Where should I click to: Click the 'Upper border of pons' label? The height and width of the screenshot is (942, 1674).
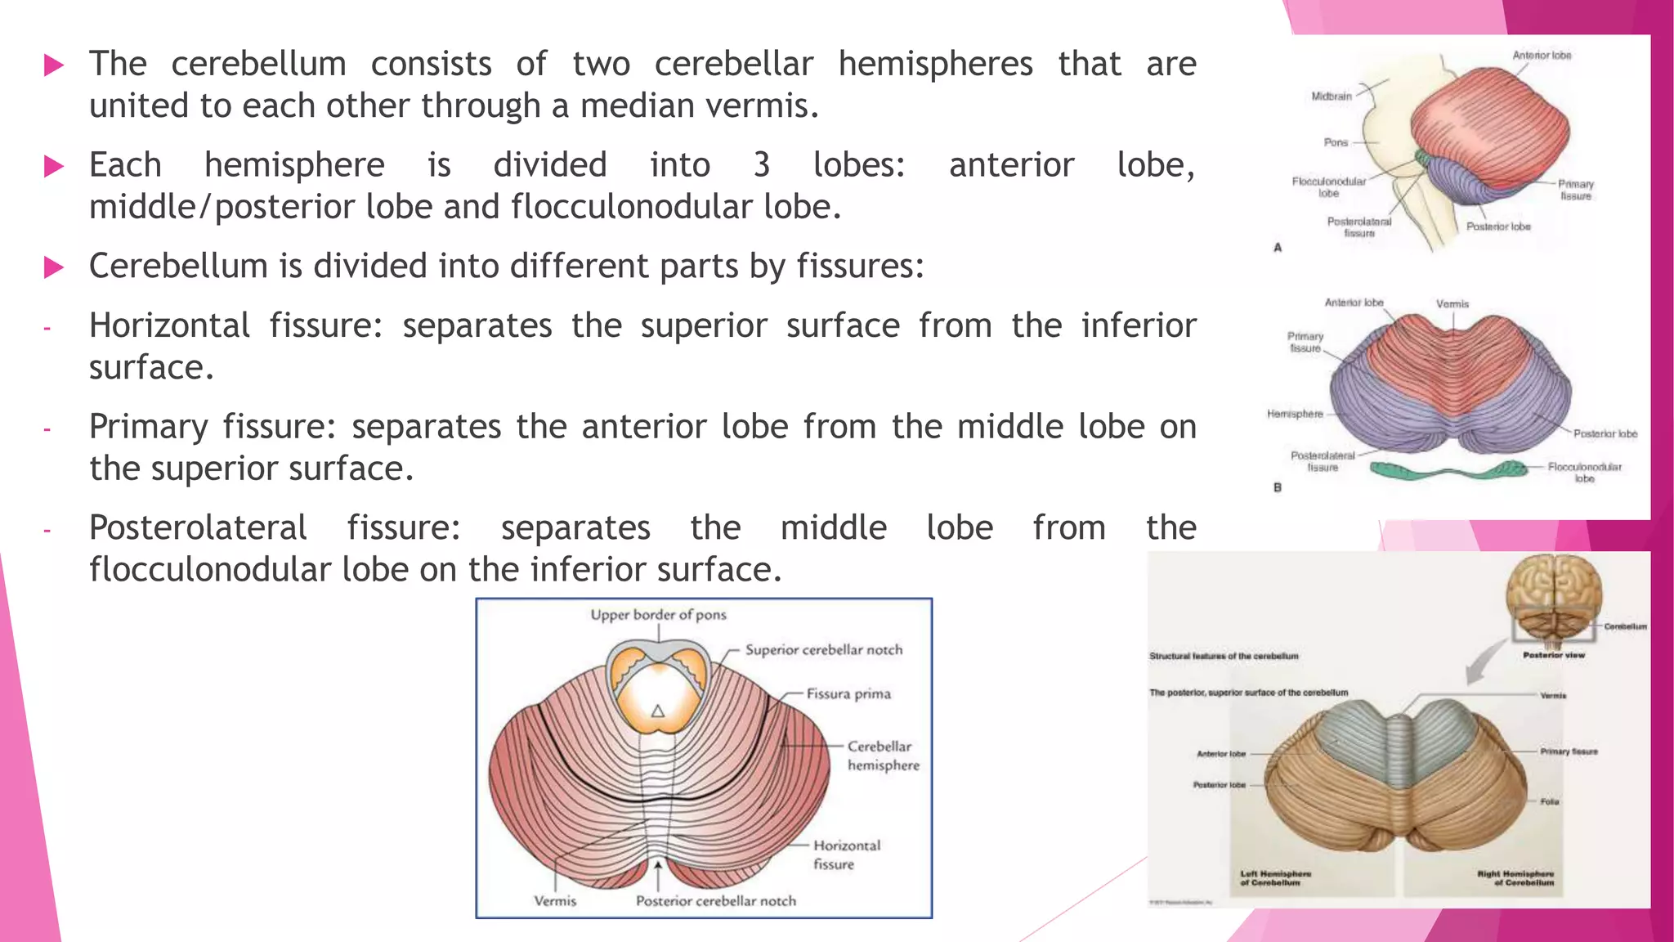coord(658,615)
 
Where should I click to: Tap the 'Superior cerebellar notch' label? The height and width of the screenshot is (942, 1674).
coord(823,650)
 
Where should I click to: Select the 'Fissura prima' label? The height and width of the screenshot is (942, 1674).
coord(848,694)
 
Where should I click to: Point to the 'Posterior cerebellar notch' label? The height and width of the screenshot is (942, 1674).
coord(715,901)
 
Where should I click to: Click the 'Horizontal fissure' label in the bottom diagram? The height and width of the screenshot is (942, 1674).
coord(846,855)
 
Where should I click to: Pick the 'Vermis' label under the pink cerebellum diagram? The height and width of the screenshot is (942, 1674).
coord(555,901)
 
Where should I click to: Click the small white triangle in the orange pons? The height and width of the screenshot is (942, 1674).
coord(658,711)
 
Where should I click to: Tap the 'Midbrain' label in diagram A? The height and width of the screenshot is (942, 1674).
coord(1332,96)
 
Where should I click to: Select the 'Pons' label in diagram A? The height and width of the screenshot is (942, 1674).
coord(1336,142)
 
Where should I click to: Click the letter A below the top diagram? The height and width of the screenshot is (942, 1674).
coord(1278,248)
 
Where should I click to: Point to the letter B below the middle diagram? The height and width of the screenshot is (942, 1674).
coord(1278,487)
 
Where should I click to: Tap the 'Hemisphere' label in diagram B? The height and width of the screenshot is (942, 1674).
coord(1295,414)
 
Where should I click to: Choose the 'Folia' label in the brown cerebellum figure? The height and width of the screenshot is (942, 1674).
coord(1550,801)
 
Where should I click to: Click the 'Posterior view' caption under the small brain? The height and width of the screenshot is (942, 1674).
coord(1553,655)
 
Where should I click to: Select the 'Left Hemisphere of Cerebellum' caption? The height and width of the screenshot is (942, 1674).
coord(1275,878)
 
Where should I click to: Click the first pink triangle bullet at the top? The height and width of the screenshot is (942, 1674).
coord(54,65)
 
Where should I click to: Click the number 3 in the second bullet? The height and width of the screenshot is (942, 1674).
coord(761,165)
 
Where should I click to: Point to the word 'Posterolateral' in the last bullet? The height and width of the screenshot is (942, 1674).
coord(198,528)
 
